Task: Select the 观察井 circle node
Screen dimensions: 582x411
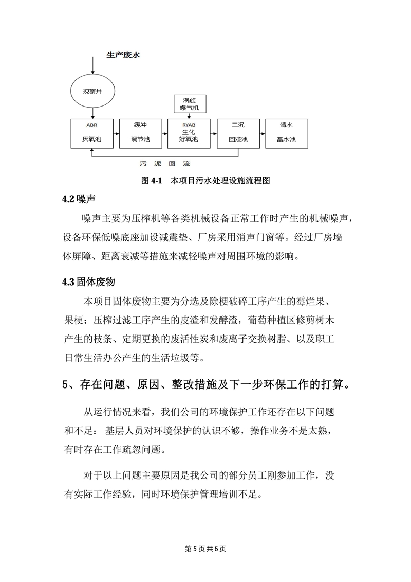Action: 92,91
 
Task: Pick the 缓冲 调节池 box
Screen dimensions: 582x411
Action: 140,133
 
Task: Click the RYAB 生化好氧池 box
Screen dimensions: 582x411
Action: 190,133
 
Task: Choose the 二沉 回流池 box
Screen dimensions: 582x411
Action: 238,133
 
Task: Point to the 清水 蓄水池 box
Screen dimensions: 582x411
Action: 286,133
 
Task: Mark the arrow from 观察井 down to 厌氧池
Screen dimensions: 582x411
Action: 92,113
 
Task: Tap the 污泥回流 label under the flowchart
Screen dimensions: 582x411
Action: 165,164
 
